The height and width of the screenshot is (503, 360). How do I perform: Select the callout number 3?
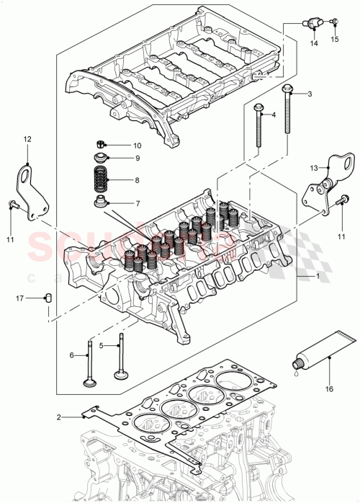310,94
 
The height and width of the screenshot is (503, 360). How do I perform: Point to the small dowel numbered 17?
48,297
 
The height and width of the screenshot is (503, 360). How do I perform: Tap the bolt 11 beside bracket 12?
13,205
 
